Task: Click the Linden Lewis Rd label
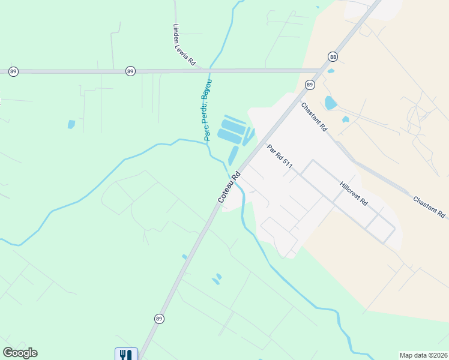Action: [x=184, y=44]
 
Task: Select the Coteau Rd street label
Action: [x=229, y=186]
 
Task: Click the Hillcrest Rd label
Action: [x=353, y=194]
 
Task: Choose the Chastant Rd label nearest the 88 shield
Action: [x=314, y=118]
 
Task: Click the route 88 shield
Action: [x=333, y=56]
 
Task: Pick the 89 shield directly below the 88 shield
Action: [x=310, y=85]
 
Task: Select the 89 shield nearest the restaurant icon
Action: [x=158, y=318]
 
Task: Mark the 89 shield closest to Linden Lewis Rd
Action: [x=130, y=71]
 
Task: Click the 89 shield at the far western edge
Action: [x=13, y=71]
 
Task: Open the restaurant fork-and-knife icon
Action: [x=126, y=355]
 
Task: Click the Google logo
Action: [x=20, y=353]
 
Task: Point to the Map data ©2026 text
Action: [x=423, y=355]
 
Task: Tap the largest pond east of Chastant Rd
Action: [x=331, y=103]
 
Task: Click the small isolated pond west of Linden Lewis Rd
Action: [x=71, y=124]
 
